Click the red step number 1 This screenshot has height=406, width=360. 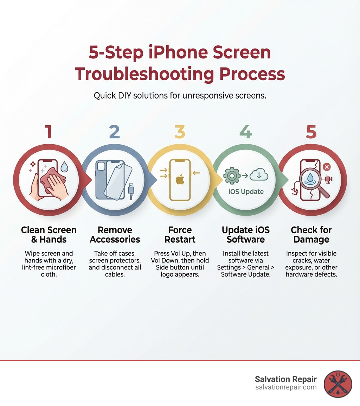click(49, 132)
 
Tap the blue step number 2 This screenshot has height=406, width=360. click(114, 132)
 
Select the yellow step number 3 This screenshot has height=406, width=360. click(180, 132)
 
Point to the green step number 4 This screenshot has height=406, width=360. click(245, 132)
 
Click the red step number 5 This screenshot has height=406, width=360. click(311, 132)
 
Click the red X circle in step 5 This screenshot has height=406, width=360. click(326, 167)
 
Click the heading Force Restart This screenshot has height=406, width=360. click(180, 235)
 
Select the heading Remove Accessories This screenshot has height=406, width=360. click(115, 235)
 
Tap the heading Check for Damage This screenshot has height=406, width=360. click(311, 235)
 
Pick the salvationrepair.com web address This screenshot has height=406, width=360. click(286, 387)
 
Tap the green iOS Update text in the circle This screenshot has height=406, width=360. click(245, 192)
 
